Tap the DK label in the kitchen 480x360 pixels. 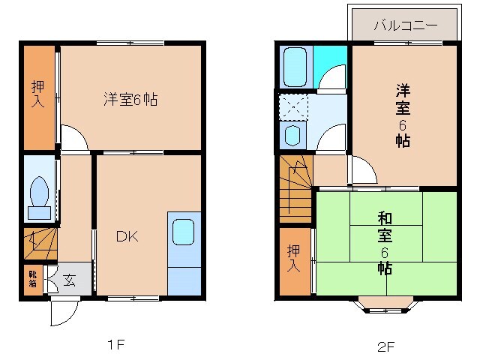tap(126, 237)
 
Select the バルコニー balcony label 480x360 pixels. tap(406, 25)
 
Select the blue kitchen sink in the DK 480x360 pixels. tap(184, 232)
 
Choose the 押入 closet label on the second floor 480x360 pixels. tap(293, 258)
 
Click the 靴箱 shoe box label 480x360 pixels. tap(32, 279)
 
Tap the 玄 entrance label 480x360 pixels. tap(69, 280)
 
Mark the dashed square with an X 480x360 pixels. tap(292, 106)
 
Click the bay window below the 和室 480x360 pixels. tap(385, 304)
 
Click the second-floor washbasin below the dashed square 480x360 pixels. tap(292, 135)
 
